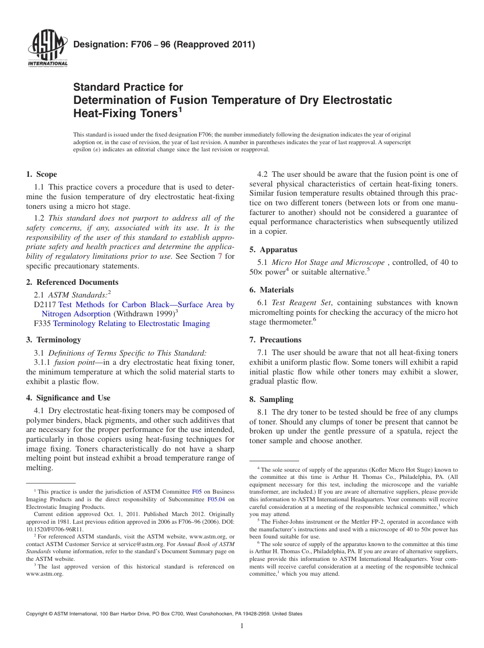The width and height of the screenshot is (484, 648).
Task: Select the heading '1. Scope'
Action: click(41, 175)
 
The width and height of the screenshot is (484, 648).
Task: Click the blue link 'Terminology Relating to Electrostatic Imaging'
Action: click(131, 323)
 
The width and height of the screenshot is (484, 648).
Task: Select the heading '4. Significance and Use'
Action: click(68, 398)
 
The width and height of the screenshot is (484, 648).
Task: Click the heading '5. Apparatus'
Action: click(273, 250)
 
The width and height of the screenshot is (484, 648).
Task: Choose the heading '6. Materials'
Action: click(272, 290)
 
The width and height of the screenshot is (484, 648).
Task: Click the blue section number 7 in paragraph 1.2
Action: click(220, 257)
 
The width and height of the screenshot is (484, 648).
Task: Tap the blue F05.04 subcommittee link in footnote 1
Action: click(216, 500)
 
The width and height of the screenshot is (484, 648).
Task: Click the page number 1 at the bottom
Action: click(242, 626)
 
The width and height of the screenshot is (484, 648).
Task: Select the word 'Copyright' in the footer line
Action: click(38, 614)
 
